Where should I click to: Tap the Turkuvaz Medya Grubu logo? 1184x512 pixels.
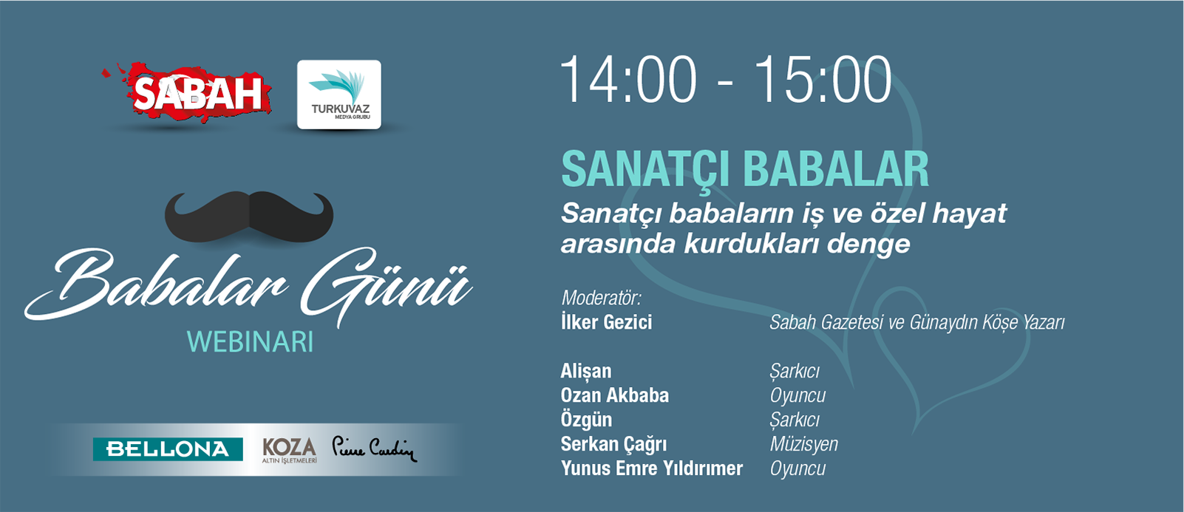[338, 95]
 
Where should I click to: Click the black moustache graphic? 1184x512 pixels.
[249, 216]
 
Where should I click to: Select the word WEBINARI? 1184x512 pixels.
[250, 342]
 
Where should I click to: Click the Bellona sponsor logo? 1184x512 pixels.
[168, 449]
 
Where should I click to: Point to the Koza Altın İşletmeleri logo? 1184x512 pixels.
[290, 450]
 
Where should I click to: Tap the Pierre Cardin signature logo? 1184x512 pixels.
[375, 449]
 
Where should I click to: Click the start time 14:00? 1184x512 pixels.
[629, 79]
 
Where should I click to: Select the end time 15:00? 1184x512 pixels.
[823, 79]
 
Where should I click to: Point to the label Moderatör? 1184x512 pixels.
[601, 298]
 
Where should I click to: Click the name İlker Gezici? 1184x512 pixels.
[606, 322]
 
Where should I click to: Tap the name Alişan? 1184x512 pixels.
[585, 371]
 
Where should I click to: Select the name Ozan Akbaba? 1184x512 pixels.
[615, 395]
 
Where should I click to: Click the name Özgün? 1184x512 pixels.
[586, 420]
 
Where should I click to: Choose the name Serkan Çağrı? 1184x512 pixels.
[613, 444]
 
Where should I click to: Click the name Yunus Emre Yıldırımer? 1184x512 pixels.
[652, 468]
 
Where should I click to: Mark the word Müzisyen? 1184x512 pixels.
[803, 444]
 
